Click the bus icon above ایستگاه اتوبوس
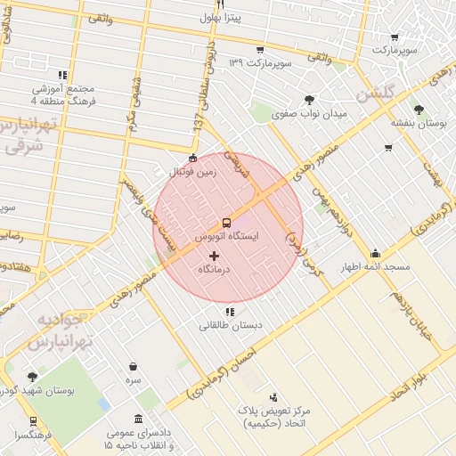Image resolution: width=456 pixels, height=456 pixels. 227,223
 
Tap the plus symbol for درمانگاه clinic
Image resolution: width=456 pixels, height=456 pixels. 213,256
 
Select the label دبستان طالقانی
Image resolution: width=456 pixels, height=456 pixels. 231,325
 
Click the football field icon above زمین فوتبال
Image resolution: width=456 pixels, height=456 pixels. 193,158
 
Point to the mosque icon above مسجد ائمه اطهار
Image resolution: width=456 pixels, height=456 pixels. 375,253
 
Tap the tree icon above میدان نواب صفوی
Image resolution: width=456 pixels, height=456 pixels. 309,100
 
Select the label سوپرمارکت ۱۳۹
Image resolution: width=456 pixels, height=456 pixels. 261,62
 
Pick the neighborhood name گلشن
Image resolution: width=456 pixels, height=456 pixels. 374,94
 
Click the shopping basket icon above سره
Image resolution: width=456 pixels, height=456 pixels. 133,366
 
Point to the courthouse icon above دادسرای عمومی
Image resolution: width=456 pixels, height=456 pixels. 138,419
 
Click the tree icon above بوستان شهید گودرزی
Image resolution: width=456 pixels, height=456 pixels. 33,377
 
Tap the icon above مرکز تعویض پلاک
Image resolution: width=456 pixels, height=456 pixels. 273,396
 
